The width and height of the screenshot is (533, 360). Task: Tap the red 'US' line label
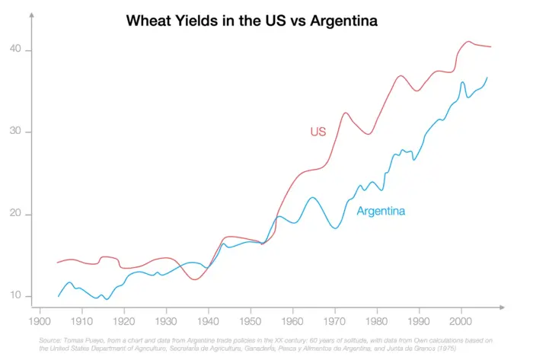[x=318, y=132]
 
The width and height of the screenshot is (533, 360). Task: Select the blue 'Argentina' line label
[x=381, y=211]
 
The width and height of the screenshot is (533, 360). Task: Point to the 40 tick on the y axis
[x=16, y=50]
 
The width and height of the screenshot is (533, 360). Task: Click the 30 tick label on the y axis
[x=16, y=132]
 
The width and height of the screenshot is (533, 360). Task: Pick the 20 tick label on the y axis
[x=16, y=215]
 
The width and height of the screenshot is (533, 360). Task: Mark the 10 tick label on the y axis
[x=16, y=296]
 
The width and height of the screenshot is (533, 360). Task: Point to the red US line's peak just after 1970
[x=345, y=113]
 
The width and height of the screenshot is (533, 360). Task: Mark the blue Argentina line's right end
[x=487, y=78]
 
